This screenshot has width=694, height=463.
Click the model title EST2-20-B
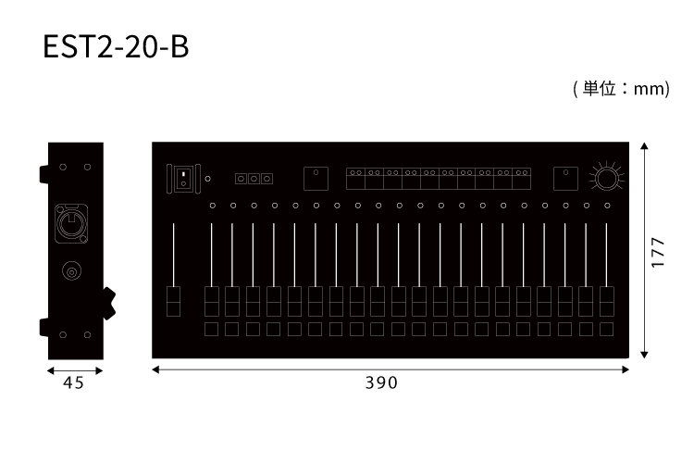tap(116, 47)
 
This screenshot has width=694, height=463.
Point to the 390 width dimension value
tap(381, 382)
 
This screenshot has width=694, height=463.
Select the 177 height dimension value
tap(658, 253)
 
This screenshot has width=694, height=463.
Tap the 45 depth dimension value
tap(73, 382)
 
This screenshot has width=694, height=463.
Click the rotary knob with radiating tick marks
tap(606, 178)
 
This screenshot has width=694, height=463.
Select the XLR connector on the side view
tap(71, 224)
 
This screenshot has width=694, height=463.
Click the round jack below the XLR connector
tap(71, 270)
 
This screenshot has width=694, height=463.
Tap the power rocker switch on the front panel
tap(183, 179)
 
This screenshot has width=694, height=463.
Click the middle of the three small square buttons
tap(254, 179)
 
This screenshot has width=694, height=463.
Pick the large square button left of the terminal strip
tap(316, 179)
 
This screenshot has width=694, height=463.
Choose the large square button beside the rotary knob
tap(565, 179)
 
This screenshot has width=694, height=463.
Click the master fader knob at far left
tap(174, 301)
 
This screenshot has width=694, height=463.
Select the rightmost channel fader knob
tap(607, 301)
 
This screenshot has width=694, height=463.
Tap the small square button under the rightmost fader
tap(607, 330)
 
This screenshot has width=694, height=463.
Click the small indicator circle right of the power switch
tap(207, 179)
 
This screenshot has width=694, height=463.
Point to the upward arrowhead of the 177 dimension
tap(644, 146)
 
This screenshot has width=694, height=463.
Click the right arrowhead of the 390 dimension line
tap(626, 369)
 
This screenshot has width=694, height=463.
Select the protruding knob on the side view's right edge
tap(109, 304)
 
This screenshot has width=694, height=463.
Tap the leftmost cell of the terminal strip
tap(356, 179)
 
